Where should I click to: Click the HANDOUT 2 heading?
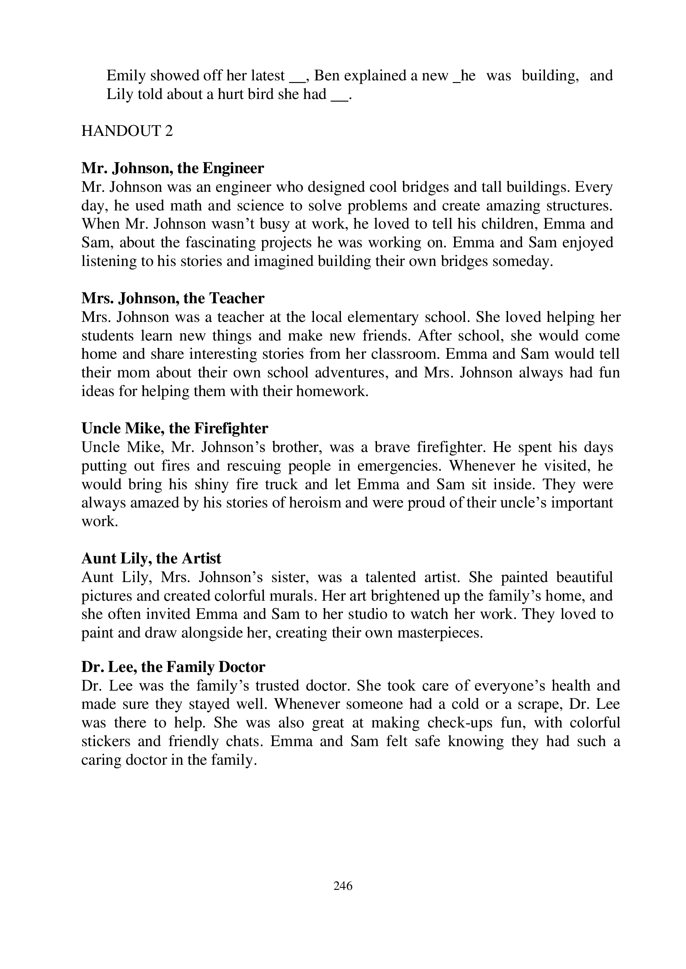click(127, 131)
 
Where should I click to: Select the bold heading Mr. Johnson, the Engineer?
click(173, 168)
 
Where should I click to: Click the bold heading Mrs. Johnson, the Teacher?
click(173, 298)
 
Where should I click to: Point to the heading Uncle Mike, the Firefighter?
click(175, 428)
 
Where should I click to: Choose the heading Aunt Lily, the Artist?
click(151, 558)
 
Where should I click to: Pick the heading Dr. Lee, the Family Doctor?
click(173, 667)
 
